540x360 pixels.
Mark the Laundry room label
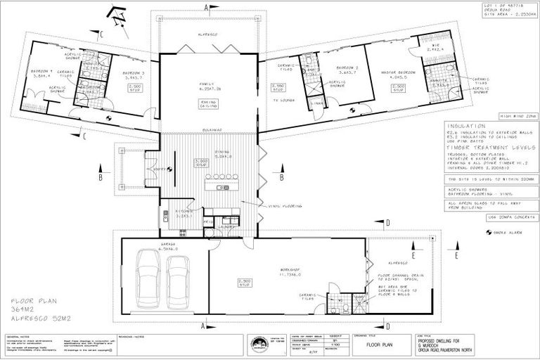coord(226,226)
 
